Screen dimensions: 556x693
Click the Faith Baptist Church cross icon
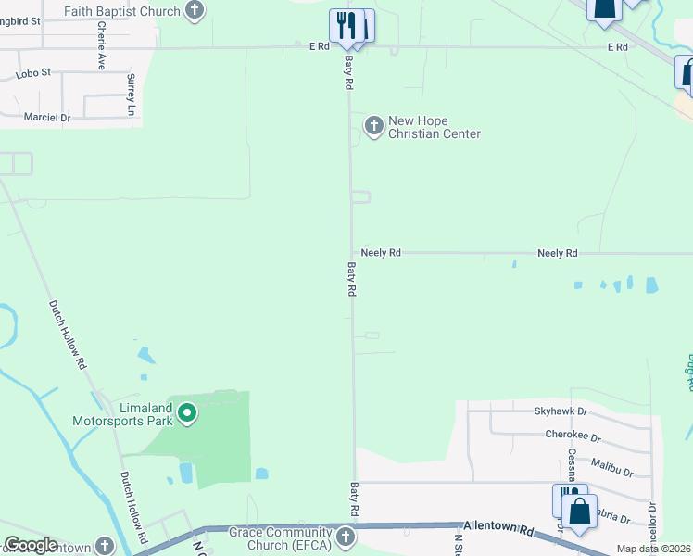pos(195,11)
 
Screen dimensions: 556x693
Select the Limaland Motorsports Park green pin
pos(187,412)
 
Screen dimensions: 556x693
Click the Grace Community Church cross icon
pos(345,537)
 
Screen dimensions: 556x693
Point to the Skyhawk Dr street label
pos(561,411)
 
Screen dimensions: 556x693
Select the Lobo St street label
pos(32,72)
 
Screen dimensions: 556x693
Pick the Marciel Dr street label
pos(46,118)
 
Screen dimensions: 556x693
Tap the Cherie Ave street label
pos(101,46)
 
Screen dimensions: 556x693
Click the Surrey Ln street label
pos(131,95)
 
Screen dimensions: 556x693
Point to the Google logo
pos(31,545)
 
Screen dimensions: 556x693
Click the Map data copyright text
pos(654,549)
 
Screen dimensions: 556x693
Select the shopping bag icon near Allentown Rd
pos(580,512)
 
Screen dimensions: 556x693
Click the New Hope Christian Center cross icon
pos(373,125)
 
